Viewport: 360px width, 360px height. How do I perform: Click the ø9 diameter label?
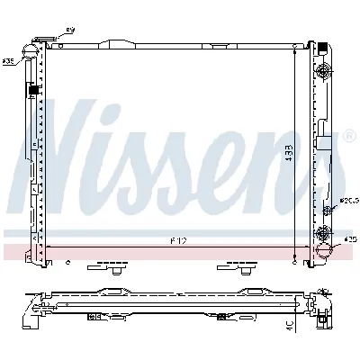coord(72,31)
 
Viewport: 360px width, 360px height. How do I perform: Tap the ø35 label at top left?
coord(8,61)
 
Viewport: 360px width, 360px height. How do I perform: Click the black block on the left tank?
coord(34,88)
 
